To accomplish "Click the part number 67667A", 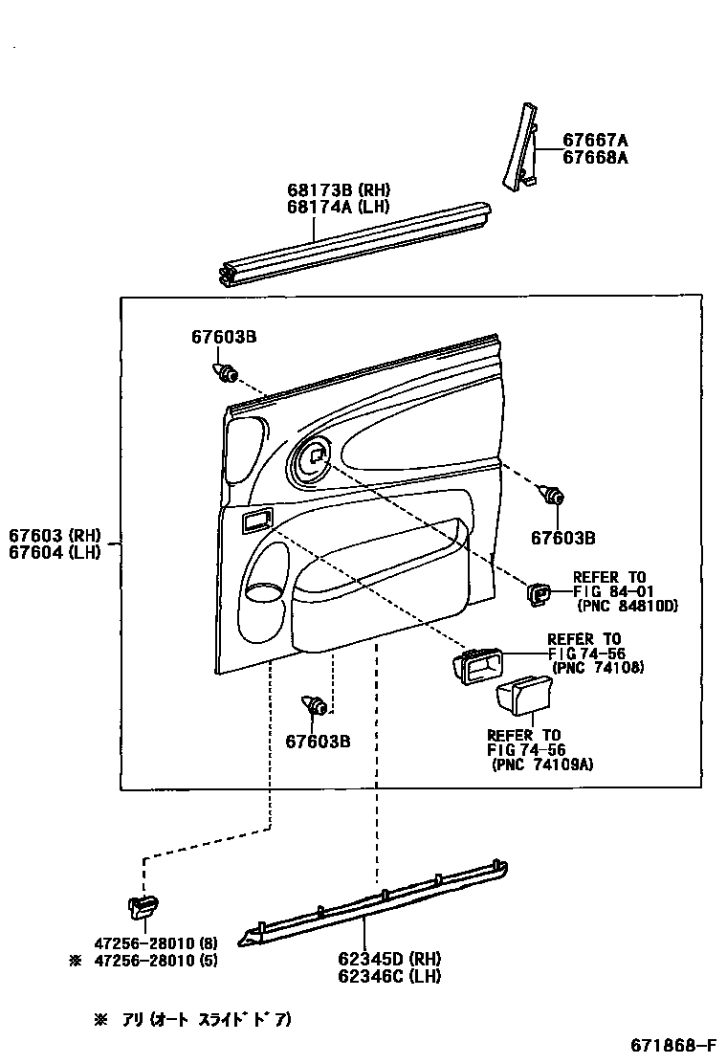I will pos(595,140).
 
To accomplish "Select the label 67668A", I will pos(595,157).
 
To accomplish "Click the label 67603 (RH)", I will pos(55,536).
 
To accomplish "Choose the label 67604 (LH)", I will pos(55,553).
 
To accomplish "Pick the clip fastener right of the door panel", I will pos(553,496).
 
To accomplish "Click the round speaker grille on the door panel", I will pos(312,459).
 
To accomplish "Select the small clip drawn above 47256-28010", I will pos(143,904).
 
